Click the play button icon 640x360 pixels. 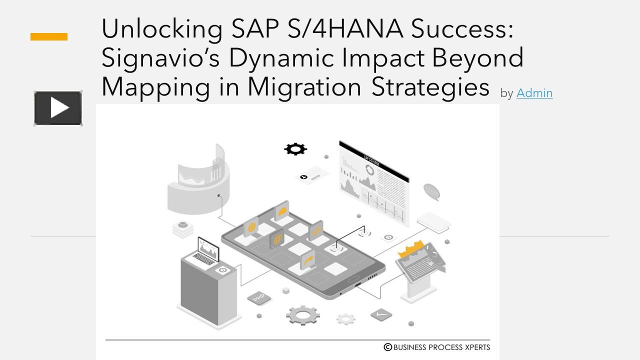(x=58, y=108)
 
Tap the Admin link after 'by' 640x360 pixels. (x=534, y=93)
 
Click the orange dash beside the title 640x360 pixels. (x=49, y=36)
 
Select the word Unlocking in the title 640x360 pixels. (x=161, y=29)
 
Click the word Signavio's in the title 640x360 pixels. (x=160, y=58)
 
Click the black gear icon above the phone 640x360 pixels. (x=295, y=148)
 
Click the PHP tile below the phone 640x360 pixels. (x=259, y=298)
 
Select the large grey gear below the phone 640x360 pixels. (x=303, y=315)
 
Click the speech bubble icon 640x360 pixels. (x=431, y=191)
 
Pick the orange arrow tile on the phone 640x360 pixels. (x=308, y=260)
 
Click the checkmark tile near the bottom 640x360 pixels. (x=381, y=314)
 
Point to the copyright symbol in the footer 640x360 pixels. (x=387, y=347)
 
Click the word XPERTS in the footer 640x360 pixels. (x=476, y=347)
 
